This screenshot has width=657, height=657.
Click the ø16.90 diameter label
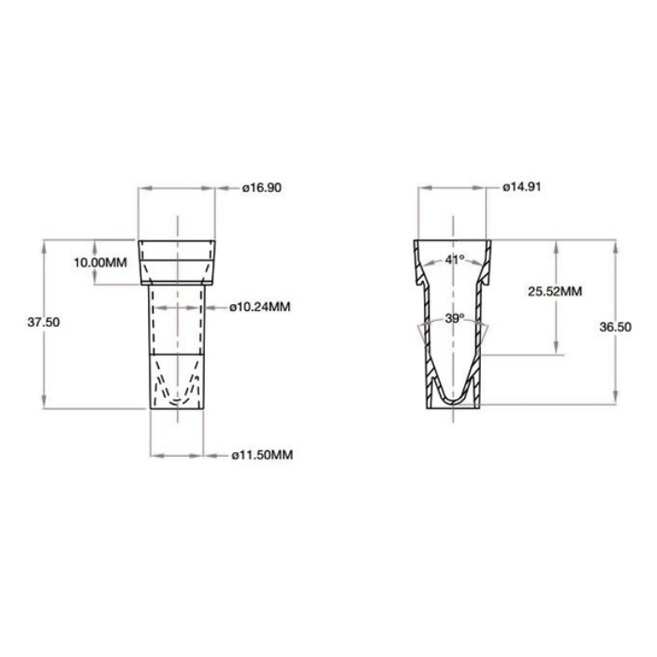(262, 187)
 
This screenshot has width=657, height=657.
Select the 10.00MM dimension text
(101, 262)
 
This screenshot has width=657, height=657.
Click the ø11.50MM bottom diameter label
(261, 455)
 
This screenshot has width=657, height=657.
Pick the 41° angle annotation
(455, 260)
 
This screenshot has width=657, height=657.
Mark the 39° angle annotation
(455, 319)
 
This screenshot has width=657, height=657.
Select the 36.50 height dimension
(612, 325)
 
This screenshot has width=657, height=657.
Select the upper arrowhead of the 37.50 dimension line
(45, 243)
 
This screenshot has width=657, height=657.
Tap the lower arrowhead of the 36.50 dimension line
(612, 404)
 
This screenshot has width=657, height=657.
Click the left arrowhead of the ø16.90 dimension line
(142, 187)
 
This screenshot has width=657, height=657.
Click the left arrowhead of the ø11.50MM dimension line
(153, 455)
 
